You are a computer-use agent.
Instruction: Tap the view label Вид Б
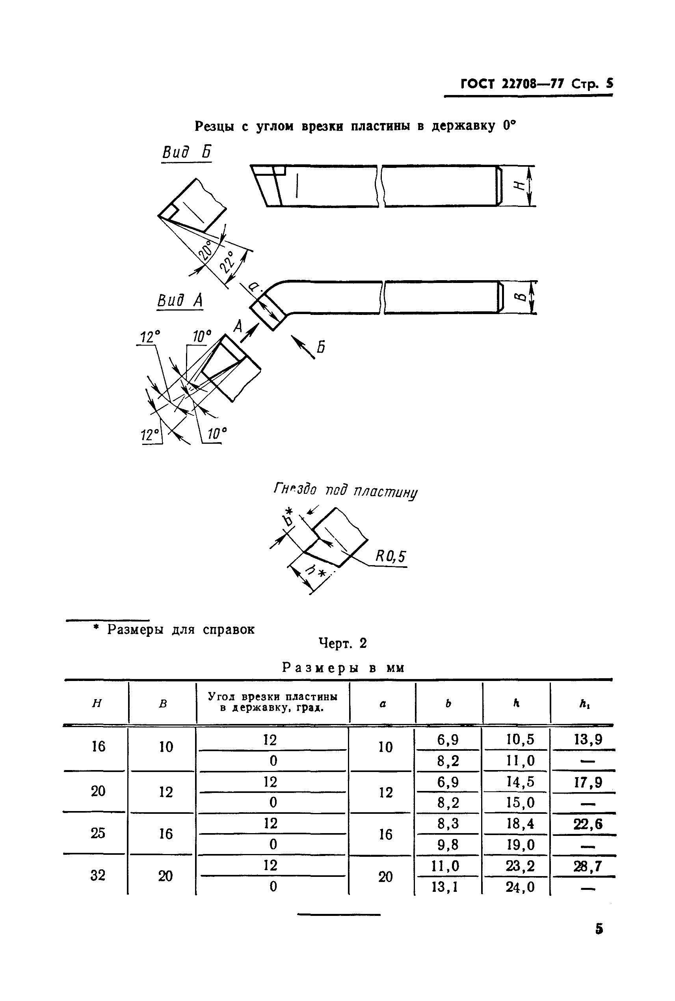pos(186,153)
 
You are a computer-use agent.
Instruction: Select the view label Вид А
pos(180,301)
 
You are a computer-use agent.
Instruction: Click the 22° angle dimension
pos(228,262)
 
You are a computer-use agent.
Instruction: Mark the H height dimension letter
pos(520,185)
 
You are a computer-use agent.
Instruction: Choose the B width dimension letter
pos(520,297)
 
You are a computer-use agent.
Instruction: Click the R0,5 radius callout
pos(390,557)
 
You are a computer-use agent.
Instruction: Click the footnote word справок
pos(229,629)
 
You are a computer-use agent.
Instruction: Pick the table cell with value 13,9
pos(588,740)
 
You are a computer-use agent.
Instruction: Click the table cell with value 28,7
pos(587,866)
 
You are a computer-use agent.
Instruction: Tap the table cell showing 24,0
pos(520,887)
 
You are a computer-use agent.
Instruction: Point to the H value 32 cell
pos(98,875)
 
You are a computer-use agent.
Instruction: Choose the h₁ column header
pos(584,703)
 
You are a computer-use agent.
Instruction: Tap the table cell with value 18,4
pos(520,824)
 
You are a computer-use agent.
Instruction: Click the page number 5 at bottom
pos(599,929)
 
